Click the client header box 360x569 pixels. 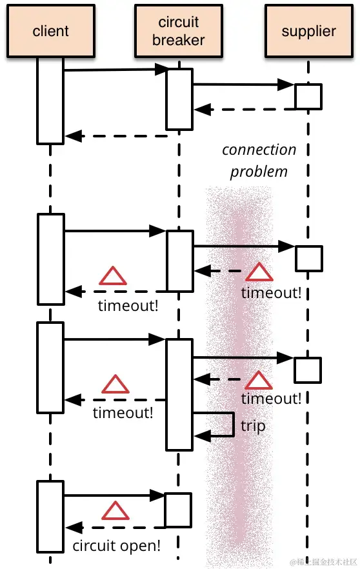coord(50,31)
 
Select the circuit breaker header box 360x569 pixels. coord(179,31)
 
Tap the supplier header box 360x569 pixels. coord(308,31)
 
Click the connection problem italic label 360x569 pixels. coord(259,161)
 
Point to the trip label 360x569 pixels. coord(253,426)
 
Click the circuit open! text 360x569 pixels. coord(116,546)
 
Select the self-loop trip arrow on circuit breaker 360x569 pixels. coord(219,424)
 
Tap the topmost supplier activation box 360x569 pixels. coord(308,96)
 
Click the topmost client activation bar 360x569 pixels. coord(50,100)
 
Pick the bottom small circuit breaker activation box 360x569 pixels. coord(178,510)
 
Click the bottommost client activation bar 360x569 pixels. coord(50,516)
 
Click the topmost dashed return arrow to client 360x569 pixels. coord(116,136)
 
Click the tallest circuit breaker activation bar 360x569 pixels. coord(179,394)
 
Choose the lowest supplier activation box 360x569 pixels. coord(308,370)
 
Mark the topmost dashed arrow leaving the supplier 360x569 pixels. coord(245,110)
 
